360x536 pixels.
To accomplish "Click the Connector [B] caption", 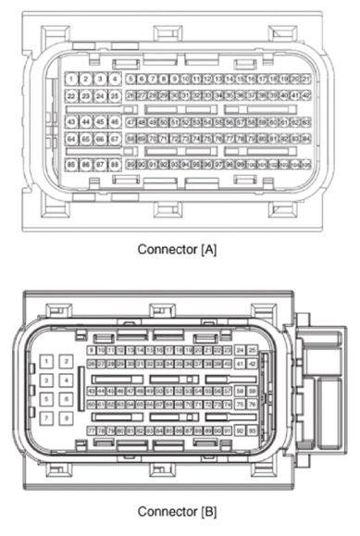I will pyautogui.click(x=180, y=510).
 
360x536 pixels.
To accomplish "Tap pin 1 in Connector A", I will pyautogui.click(x=72, y=80).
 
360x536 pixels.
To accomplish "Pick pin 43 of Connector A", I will pyautogui.click(x=72, y=121).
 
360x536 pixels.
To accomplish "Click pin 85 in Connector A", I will pyautogui.click(x=72, y=164).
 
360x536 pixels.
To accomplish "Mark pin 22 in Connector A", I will pyautogui.click(x=72, y=95).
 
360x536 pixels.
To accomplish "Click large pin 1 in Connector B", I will pyautogui.click(x=46, y=360).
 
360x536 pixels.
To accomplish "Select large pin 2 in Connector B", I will pyautogui.click(x=67, y=360).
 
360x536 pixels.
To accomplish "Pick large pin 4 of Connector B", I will pyautogui.click(x=67, y=380).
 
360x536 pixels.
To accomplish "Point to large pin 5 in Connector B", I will pyautogui.click(x=46, y=399).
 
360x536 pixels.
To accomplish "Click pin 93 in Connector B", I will pyautogui.click(x=252, y=430).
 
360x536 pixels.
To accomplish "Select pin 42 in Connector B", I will pyautogui.click(x=252, y=365).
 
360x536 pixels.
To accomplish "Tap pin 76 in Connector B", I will pyautogui.click(x=252, y=405).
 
